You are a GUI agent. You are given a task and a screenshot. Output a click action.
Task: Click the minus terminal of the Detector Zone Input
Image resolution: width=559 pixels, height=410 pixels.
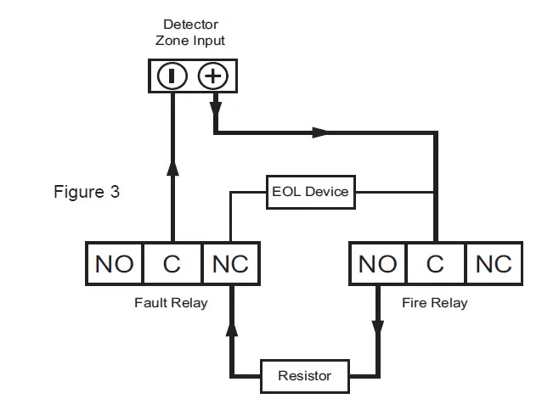click(172, 76)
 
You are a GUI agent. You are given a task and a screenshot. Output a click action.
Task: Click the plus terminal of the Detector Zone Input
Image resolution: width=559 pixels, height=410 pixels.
click(212, 76)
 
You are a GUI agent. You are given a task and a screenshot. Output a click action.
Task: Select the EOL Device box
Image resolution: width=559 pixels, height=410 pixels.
click(309, 192)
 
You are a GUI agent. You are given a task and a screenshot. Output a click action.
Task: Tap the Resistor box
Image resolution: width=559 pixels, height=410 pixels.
click(304, 375)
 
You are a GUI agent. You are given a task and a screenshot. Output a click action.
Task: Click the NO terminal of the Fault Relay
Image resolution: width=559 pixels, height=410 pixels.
click(114, 264)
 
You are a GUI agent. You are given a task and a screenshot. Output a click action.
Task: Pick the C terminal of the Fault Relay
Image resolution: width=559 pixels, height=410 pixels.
click(172, 264)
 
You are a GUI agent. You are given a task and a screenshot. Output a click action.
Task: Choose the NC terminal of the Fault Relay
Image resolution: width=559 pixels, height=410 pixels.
click(230, 264)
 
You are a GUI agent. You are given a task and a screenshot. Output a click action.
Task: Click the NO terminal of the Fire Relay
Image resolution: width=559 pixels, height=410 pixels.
click(378, 264)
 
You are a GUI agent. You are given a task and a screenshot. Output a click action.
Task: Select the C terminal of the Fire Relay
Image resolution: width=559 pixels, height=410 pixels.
click(435, 264)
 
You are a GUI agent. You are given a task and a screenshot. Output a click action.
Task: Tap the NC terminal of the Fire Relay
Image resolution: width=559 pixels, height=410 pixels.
click(494, 264)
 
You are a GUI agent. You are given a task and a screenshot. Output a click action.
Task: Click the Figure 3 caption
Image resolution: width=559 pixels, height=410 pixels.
click(87, 192)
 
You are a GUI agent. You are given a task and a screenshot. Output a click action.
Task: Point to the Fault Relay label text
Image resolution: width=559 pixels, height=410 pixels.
click(171, 303)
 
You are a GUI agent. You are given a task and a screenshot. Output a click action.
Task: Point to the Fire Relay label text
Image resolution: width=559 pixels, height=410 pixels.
click(435, 303)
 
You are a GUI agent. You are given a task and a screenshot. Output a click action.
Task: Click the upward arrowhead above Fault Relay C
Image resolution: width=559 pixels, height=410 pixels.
click(172, 166)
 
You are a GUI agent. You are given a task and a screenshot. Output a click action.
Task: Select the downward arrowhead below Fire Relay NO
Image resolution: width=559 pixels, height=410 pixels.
click(378, 328)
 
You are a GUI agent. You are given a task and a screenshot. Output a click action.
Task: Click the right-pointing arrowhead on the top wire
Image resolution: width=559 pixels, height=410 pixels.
click(319, 132)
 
